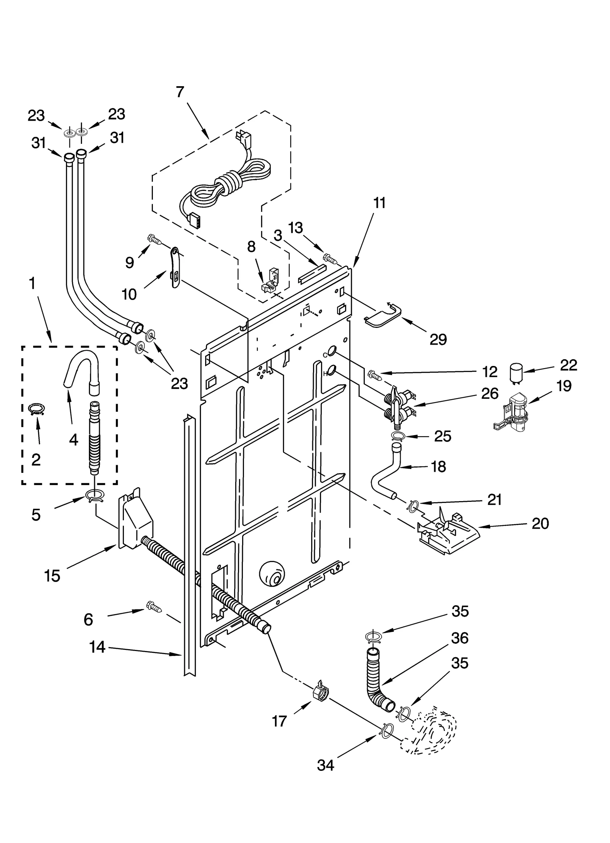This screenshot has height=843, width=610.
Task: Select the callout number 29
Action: pyautogui.click(x=438, y=339)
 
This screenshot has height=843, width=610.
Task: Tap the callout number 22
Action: pyautogui.click(x=568, y=365)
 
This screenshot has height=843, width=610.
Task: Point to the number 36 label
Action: pyautogui.click(x=459, y=638)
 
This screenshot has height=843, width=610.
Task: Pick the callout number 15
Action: pyautogui.click(x=52, y=575)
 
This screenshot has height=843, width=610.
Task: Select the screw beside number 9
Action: pyautogui.click(x=154, y=239)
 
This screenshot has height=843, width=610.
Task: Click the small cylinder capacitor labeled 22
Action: pyautogui.click(x=517, y=372)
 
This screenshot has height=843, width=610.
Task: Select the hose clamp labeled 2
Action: pyautogui.click(x=37, y=409)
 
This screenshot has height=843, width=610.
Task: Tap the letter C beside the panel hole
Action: pyautogui.click(x=325, y=355)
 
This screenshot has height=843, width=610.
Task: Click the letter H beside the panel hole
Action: pyautogui.click(x=325, y=374)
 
